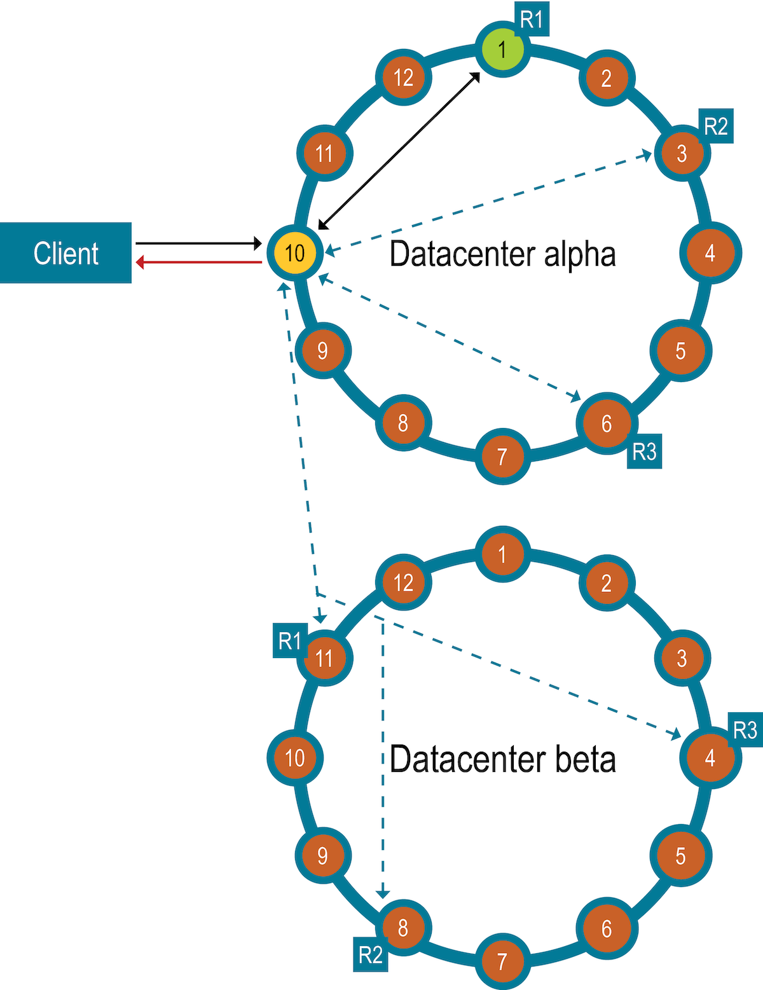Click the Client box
65,253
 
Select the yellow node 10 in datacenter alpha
294,252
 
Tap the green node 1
502,48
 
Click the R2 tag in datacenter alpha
716,126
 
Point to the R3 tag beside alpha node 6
644,452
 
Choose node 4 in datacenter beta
710,757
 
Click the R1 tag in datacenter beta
289,640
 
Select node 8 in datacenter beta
403,928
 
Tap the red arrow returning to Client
200,262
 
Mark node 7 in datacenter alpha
502,456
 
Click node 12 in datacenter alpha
404,78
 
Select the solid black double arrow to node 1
399,150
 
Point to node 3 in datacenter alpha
682,153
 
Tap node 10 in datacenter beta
294,757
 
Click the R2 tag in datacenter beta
371,954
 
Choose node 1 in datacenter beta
502,554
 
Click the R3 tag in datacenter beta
745,730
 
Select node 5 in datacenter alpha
680,350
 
